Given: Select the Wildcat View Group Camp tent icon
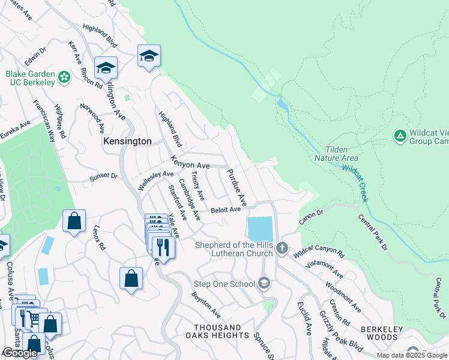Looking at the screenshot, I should coord(400,136).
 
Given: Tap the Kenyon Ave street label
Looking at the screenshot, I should coord(190,163).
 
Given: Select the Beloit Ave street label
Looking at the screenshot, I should coord(226,209).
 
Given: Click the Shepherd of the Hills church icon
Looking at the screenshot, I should coord(282,248).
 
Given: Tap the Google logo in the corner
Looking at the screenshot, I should coord(20,353).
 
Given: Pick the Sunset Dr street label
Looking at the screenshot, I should coord(104,176).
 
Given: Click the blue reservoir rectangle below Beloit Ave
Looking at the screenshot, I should coord(260,229).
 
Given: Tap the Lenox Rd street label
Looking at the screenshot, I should coord(100,238).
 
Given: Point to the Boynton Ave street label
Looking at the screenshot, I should coord(206,305).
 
